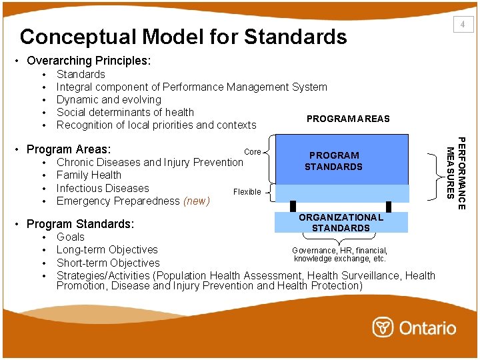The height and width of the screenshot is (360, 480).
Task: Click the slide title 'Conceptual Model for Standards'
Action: tap(183, 36)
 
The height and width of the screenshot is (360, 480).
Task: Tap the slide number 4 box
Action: tap(461, 25)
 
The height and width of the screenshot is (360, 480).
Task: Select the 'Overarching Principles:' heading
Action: tap(89, 61)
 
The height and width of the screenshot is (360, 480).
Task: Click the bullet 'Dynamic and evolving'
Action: tap(109, 99)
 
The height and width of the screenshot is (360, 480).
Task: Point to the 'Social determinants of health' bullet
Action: tap(125, 112)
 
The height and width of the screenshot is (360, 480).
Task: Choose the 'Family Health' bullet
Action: tap(89, 175)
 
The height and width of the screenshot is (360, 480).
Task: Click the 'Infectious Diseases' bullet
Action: tap(103, 188)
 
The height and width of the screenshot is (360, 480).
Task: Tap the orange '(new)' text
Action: tap(196, 201)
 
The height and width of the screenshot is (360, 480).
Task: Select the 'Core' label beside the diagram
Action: tap(253, 152)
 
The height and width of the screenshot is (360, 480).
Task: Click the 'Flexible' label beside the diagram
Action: tap(247, 192)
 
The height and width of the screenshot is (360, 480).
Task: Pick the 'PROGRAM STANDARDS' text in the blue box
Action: tap(333, 161)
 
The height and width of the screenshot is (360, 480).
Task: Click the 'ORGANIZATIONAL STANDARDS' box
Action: tap(341, 223)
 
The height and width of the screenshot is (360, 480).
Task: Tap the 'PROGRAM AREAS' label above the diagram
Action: tap(348, 119)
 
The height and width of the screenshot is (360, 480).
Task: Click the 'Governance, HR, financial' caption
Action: tap(340, 251)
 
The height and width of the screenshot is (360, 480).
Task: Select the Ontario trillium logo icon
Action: tap(383, 327)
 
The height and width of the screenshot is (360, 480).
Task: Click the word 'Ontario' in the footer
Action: tap(427, 327)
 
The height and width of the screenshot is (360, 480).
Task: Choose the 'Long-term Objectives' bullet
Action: tap(107, 249)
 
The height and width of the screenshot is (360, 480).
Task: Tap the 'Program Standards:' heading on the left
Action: tap(80, 224)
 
